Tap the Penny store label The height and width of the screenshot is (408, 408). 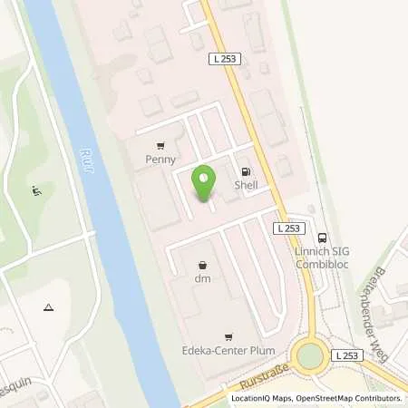point(160,160)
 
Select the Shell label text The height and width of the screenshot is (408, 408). point(245,185)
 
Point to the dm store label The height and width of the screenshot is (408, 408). point(203,278)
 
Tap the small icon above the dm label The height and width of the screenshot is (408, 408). point(202,265)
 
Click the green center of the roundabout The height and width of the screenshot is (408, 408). point(312,355)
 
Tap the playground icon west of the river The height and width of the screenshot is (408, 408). point(36,190)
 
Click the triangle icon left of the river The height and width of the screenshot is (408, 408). point(47,308)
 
